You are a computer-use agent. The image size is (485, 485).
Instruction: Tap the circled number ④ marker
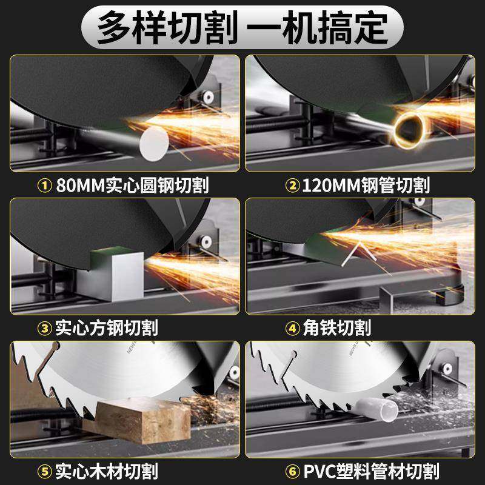(292, 328)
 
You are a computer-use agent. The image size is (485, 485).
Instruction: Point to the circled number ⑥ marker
(292, 470)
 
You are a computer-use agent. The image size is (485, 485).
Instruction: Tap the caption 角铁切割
(336, 328)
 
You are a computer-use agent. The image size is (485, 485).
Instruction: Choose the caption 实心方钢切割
(107, 328)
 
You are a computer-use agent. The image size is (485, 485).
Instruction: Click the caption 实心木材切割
(107, 470)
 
